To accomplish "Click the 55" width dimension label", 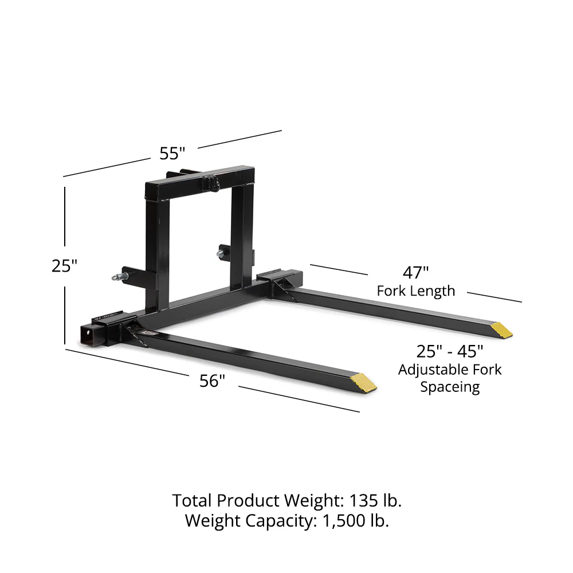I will pos(172,154).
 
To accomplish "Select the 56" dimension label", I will pos(213,380).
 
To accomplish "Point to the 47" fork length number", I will pos(415,272).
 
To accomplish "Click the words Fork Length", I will pos(416,291).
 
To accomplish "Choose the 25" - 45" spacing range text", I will pos(450,351).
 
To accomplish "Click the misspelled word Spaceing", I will pos(450,387).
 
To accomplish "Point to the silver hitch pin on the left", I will pos(117,278).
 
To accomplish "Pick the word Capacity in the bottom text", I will pos(275,521).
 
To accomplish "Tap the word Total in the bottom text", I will pos(193,500).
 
